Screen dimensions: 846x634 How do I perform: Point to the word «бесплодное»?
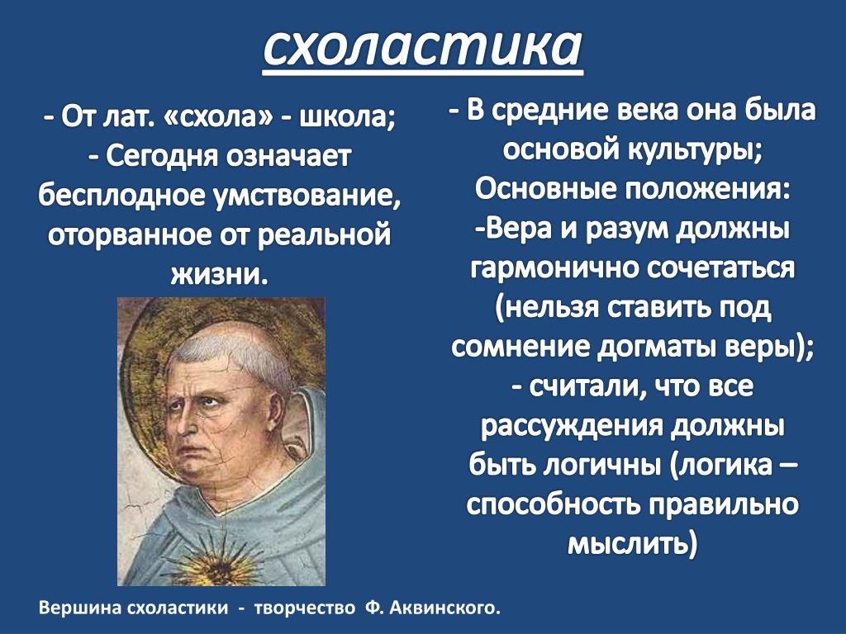(x=122, y=195)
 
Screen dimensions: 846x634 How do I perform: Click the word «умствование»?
(x=307, y=196)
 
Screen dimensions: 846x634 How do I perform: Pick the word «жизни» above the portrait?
(x=216, y=273)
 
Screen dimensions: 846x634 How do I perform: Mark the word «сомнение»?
(x=520, y=347)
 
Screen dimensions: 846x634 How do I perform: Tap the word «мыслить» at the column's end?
(x=632, y=543)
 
